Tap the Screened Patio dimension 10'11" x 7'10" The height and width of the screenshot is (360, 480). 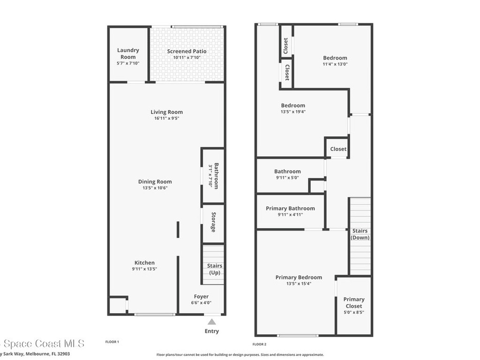pyautogui.click(x=187, y=58)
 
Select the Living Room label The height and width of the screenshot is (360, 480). pyautogui.click(x=166, y=112)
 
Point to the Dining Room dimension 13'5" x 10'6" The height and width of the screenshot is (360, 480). pyautogui.click(x=155, y=188)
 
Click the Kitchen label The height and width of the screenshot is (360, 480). pyautogui.click(x=144, y=263)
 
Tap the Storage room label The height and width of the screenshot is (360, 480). pyautogui.click(x=213, y=222)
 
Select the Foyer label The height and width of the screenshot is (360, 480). pyautogui.click(x=201, y=297)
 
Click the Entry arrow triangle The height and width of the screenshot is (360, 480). pyautogui.click(x=212, y=322)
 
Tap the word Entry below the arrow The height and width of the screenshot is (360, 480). pyautogui.click(x=212, y=331)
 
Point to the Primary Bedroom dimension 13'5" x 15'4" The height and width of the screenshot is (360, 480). pyautogui.click(x=299, y=284)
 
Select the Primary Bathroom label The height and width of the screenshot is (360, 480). pyautogui.click(x=290, y=209)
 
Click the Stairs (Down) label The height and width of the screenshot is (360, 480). pyautogui.click(x=360, y=234)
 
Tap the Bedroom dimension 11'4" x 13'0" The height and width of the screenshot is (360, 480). pyautogui.click(x=335, y=64)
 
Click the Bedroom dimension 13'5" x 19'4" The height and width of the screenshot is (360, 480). pyautogui.click(x=293, y=112)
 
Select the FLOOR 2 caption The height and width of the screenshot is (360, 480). pyautogui.click(x=260, y=344)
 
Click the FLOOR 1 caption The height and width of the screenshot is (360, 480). pyautogui.click(x=112, y=342)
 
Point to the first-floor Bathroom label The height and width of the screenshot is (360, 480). pyautogui.click(x=216, y=176)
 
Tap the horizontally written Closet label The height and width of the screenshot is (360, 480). pyautogui.click(x=338, y=149)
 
